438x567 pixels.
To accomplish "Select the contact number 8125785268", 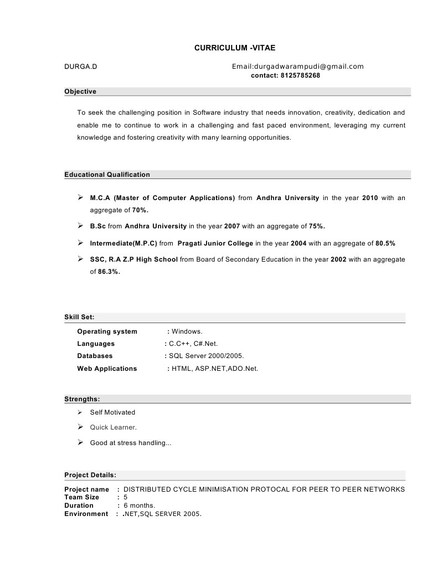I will click(x=301, y=75).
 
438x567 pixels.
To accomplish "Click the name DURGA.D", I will click(x=81, y=67).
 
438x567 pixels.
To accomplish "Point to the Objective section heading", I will click(x=80, y=91).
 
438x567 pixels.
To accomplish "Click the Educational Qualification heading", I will click(x=107, y=175).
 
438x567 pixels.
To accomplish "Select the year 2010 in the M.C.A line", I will click(x=370, y=198).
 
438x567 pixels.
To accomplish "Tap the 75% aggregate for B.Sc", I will click(x=317, y=226).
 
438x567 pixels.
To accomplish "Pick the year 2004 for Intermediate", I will click(x=298, y=243).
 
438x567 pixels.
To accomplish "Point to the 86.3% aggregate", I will click(x=109, y=272).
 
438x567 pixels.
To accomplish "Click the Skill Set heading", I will click(x=79, y=317).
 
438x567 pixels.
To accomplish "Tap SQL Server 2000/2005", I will click(x=207, y=356).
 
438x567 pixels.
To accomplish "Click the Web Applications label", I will click(x=107, y=369).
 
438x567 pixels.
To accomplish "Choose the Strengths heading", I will click(x=82, y=399).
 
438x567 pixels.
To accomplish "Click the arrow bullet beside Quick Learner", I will click(x=80, y=427).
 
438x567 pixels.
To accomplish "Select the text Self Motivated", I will click(x=112, y=412).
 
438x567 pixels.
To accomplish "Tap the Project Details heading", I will click(x=90, y=475).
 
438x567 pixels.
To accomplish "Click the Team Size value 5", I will click(x=126, y=498).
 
